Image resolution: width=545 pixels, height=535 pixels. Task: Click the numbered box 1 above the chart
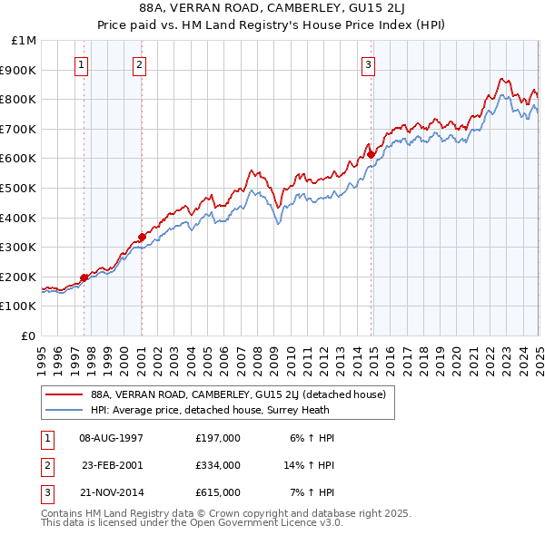(x=82, y=64)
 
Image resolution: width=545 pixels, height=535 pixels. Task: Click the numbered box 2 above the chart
(x=139, y=64)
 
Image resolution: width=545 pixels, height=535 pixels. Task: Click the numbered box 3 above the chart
(x=368, y=64)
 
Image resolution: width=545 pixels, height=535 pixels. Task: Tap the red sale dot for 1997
(x=84, y=277)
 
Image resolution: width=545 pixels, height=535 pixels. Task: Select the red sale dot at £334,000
(x=143, y=238)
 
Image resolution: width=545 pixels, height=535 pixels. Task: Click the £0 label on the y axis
(x=28, y=336)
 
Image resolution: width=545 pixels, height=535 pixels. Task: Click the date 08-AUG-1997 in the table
(x=112, y=438)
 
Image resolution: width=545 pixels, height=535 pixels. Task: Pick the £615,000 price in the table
(x=218, y=492)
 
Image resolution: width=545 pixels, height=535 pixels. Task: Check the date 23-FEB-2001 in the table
(x=112, y=465)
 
